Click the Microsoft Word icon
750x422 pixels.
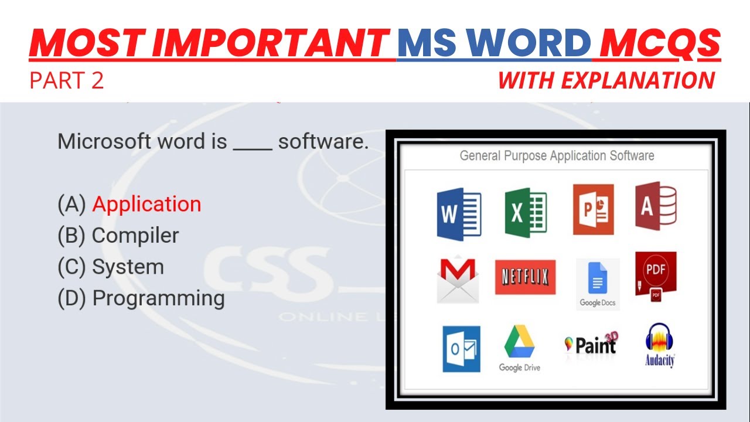(x=459, y=213)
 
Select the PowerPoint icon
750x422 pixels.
(x=593, y=209)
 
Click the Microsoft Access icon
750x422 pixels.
(x=656, y=206)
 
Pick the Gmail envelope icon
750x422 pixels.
(x=458, y=280)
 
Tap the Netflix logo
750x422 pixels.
(x=525, y=277)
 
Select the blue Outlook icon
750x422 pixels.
(x=461, y=349)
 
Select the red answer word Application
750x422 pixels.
(x=146, y=204)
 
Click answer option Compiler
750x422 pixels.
(x=135, y=235)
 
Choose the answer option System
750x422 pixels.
(x=128, y=267)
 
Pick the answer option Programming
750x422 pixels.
(x=158, y=298)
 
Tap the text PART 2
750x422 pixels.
(x=67, y=80)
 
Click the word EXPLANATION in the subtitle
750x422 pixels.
(x=638, y=80)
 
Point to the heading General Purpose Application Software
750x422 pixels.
(x=557, y=156)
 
